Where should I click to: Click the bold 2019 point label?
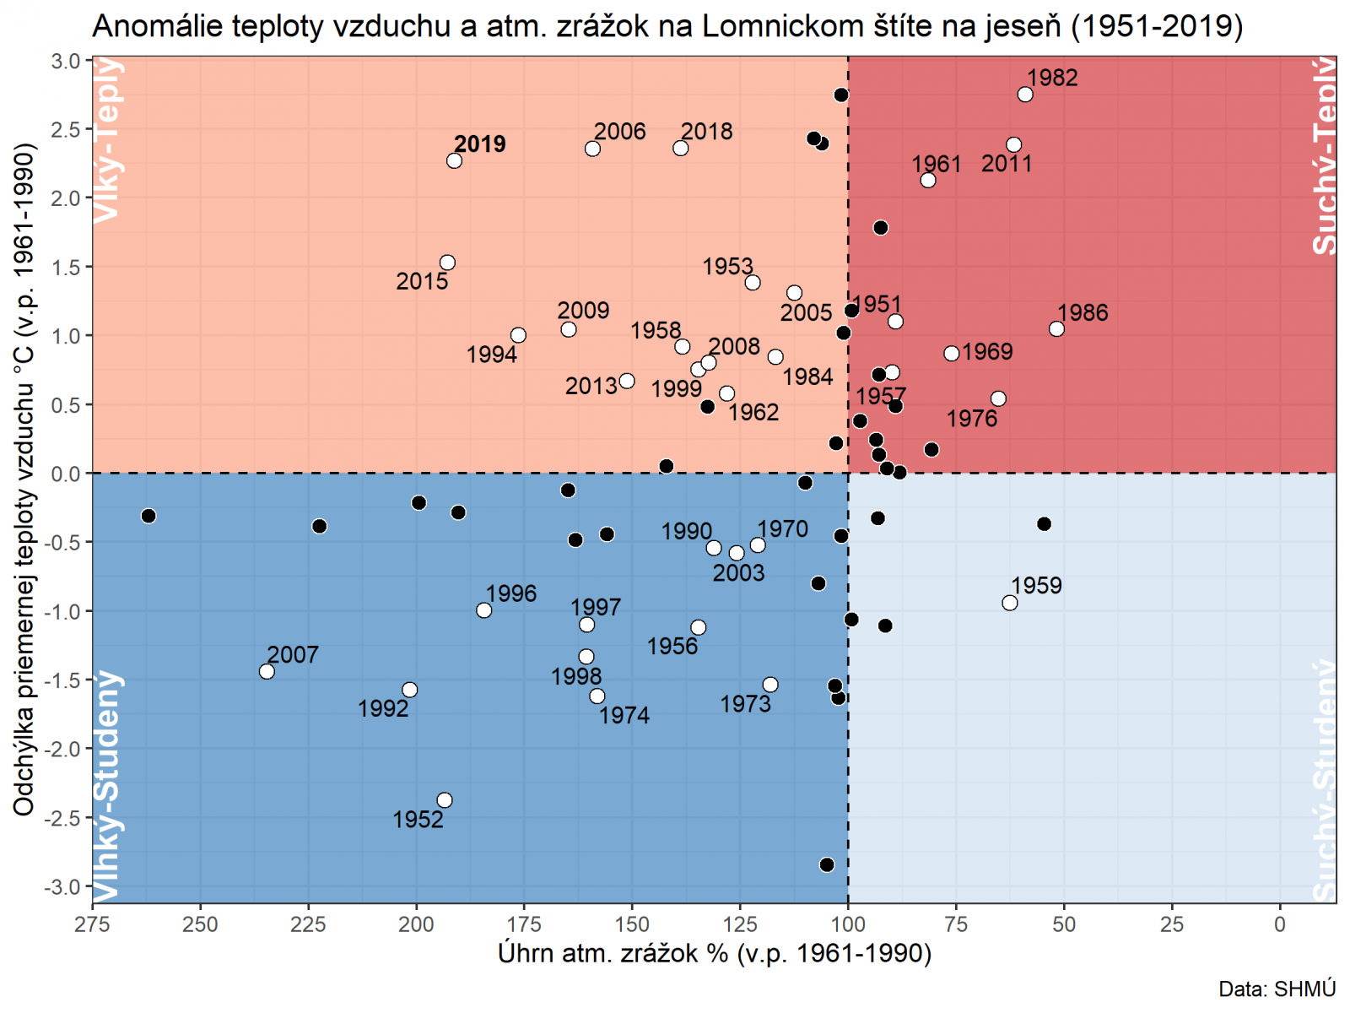[x=479, y=144]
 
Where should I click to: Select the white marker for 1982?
[x=1025, y=95]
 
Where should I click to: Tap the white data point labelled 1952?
[x=445, y=800]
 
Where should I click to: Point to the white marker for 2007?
[x=267, y=672]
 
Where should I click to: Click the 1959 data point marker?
[x=1010, y=603]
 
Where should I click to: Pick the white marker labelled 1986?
[x=1056, y=329]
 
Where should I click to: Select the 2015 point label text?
[x=422, y=282]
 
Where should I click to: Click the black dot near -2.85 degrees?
[x=827, y=865]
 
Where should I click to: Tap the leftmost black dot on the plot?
[x=148, y=516]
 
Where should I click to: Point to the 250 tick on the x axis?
[x=200, y=924]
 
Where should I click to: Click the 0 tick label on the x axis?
[x=1280, y=924]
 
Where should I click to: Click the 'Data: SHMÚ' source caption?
[x=1277, y=989]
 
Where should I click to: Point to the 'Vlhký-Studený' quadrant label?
[x=107, y=785]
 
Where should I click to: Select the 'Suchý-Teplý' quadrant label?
[x=1325, y=156]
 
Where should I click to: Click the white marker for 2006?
[x=592, y=149]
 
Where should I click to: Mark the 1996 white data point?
[x=483, y=610]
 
